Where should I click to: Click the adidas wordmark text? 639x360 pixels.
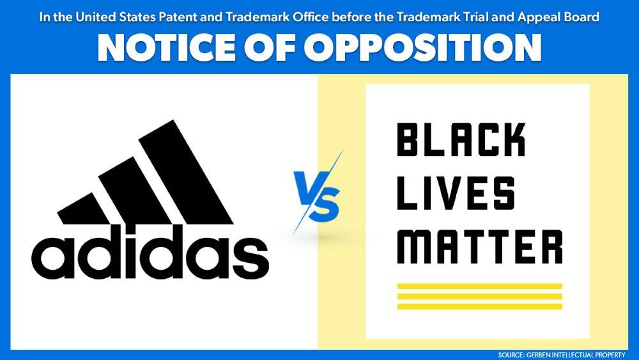[x=151, y=254]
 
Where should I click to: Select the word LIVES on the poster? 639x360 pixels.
[x=456, y=194]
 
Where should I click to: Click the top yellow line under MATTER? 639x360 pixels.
[x=479, y=286]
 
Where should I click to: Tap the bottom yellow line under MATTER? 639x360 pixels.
[x=479, y=306]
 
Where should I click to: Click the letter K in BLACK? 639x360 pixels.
[x=514, y=141]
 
